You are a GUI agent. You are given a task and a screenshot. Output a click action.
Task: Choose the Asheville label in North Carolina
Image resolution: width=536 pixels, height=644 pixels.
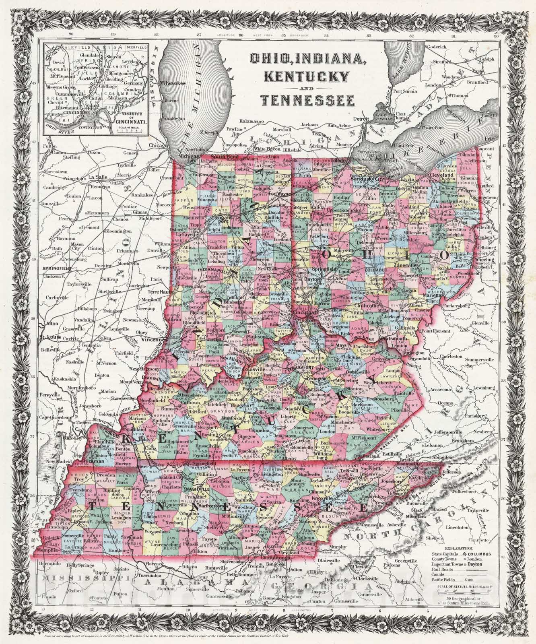[396, 526]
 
